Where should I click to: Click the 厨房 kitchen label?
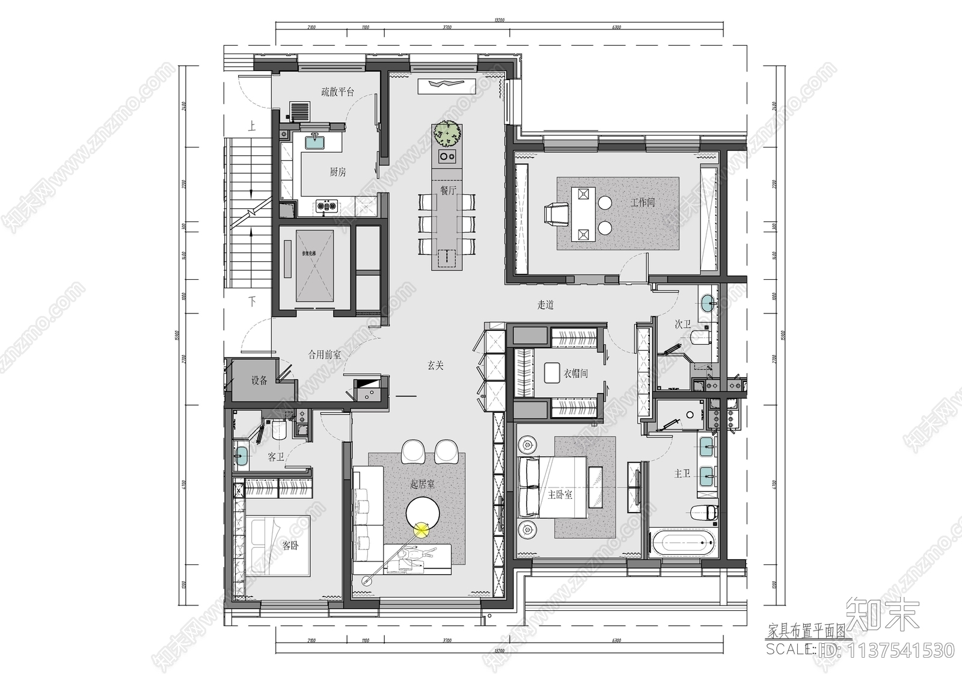click(338, 172)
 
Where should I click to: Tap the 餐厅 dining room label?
click(448, 191)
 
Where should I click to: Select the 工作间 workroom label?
click(642, 202)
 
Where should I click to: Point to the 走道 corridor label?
click(545, 305)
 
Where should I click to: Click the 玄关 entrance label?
click(435, 365)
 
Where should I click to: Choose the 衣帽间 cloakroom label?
click(575, 374)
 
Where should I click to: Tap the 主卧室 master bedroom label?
click(560, 495)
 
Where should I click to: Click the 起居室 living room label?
click(422, 484)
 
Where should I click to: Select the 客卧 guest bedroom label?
click(290, 546)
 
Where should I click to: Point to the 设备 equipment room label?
click(259, 380)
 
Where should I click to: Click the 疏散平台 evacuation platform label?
click(337, 92)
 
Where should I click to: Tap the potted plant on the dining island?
click(447, 134)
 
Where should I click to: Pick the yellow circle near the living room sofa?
click(422, 530)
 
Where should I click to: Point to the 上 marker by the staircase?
click(251, 126)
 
